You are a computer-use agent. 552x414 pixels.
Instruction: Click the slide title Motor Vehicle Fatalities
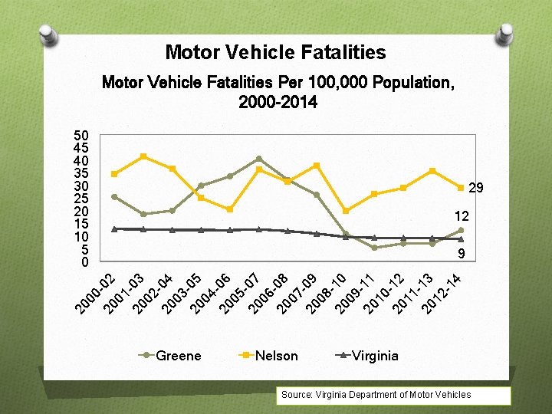tap(275, 53)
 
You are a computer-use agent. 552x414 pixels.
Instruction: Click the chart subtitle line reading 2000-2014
tap(278, 102)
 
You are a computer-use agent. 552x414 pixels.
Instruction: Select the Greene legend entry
tap(178, 356)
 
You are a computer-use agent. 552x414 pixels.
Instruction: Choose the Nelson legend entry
tap(276, 356)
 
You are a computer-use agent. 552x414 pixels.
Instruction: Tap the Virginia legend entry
tap(374, 356)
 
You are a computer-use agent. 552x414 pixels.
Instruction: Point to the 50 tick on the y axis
tap(80, 135)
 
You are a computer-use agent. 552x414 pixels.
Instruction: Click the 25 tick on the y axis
tap(80, 199)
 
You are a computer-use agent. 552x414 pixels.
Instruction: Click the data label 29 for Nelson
tap(475, 188)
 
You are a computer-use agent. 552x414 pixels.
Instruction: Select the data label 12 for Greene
tap(462, 218)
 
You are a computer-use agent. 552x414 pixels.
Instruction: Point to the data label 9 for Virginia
tap(462, 253)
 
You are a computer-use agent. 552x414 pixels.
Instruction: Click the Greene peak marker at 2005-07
tap(258, 159)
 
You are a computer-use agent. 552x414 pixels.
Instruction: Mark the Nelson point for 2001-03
tap(143, 156)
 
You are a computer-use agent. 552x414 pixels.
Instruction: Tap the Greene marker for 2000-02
tap(114, 197)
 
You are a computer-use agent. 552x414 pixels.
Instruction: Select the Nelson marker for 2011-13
tap(432, 170)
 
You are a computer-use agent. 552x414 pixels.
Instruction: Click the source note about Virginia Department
tap(376, 395)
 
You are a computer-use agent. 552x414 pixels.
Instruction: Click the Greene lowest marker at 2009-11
tap(374, 248)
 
